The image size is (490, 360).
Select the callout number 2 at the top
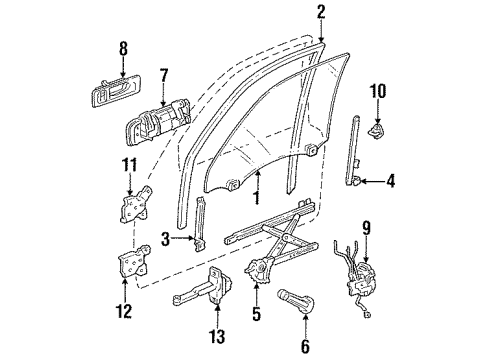(x=321, y=12)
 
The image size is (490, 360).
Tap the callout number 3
(x=164, y=238)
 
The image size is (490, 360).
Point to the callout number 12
(x=124, y=312)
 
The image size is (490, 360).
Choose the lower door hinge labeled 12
(x=130, y=265)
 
